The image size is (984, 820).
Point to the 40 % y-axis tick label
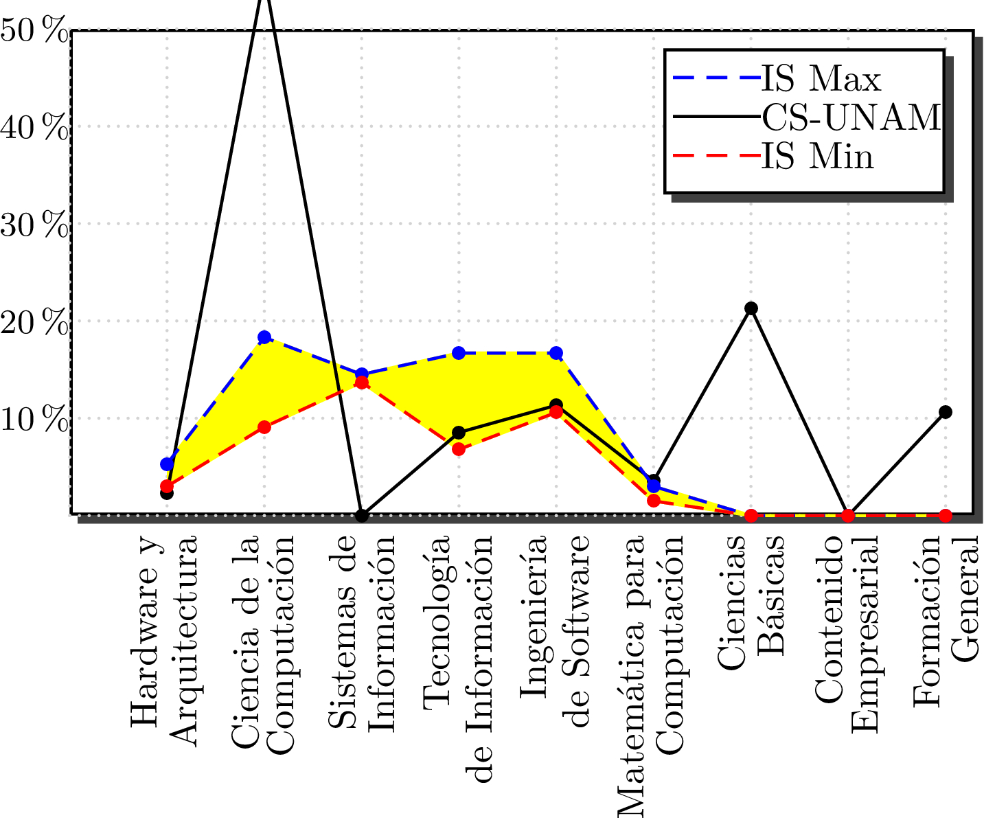click(34, 128)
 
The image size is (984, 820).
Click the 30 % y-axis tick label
click(34, 225)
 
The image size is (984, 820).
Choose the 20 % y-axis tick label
click(34, 323)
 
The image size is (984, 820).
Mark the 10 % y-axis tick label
click(34, 420)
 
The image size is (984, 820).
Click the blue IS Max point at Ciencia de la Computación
click(264, 337)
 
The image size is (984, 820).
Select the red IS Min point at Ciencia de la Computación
click(264, 427)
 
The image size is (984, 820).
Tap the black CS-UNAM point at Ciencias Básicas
click(751, 308)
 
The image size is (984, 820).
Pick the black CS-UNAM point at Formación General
click(946, 412)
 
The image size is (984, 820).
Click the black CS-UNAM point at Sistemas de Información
click(362, 515)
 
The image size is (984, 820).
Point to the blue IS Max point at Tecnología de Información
click(459, 353)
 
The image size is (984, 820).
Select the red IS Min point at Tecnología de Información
click(459, 450)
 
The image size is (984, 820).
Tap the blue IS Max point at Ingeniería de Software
click(556, 353)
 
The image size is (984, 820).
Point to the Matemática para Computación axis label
click(649, 673)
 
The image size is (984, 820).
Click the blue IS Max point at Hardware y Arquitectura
click(167, 464)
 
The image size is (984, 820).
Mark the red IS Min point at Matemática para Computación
click(654, 501)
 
